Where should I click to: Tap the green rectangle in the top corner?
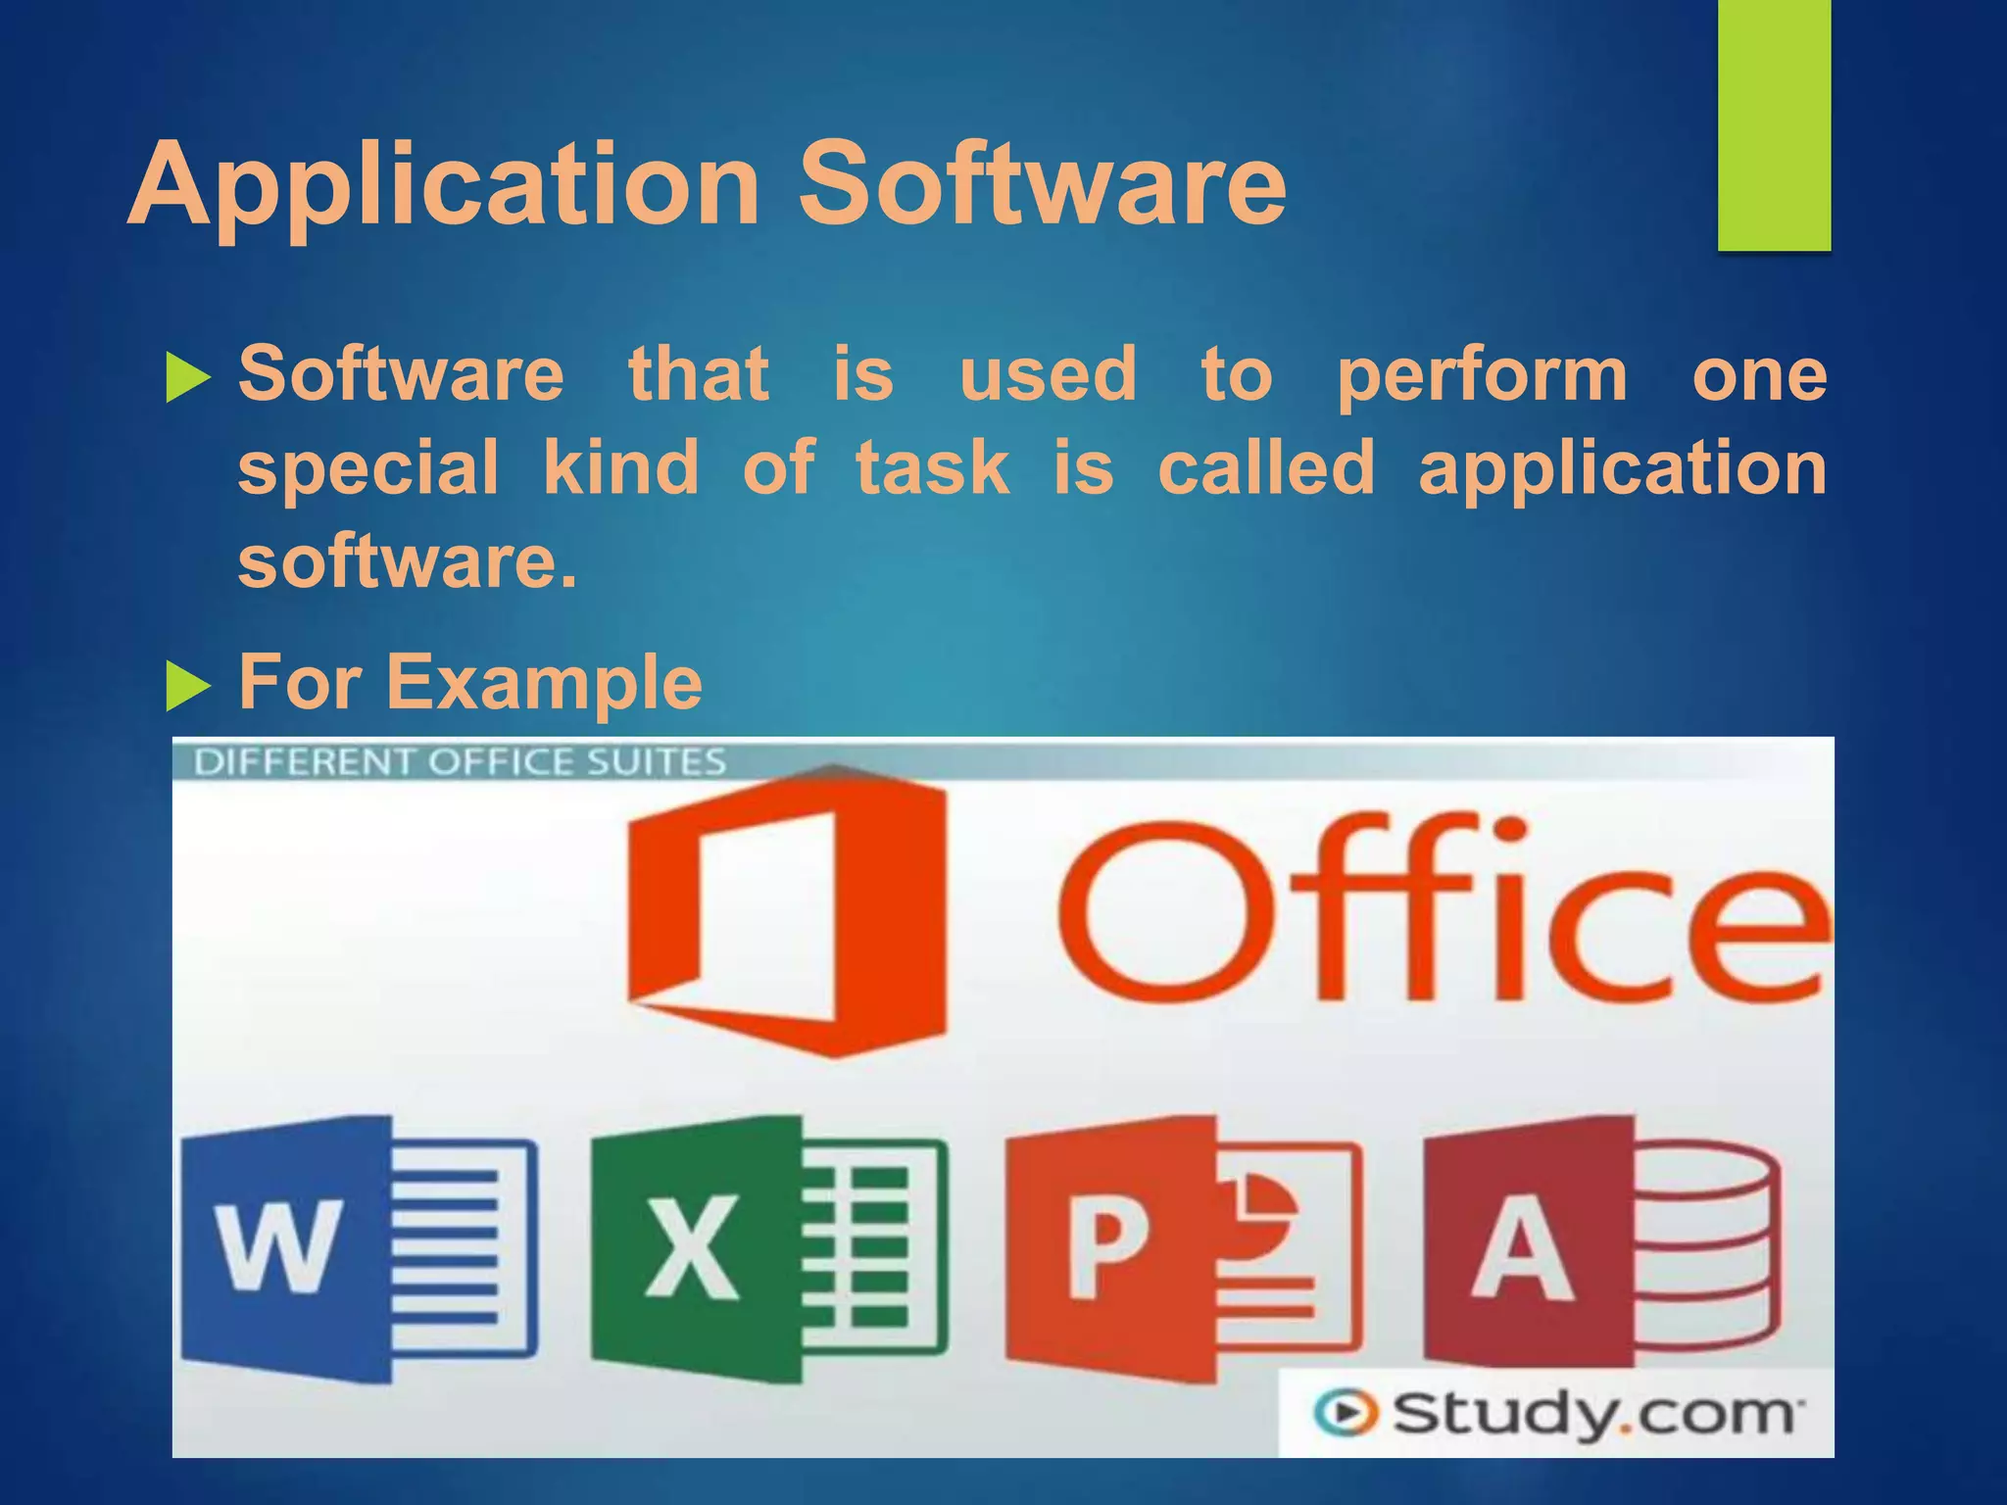click(x=1774, y=125)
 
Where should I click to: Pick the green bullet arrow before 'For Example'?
click(x=188, y=685)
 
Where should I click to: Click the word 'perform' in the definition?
click(x=1483, y=376)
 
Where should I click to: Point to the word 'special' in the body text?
click(x=368, y=468)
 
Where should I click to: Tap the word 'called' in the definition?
click(x=1266, y=468)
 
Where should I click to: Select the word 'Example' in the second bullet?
click(x=544, y=683)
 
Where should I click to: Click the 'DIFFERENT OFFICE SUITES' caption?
click(x=460, y=762)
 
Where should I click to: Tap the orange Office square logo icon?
click(x=787, y=911)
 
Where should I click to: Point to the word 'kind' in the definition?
click(x=620, y=468)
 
